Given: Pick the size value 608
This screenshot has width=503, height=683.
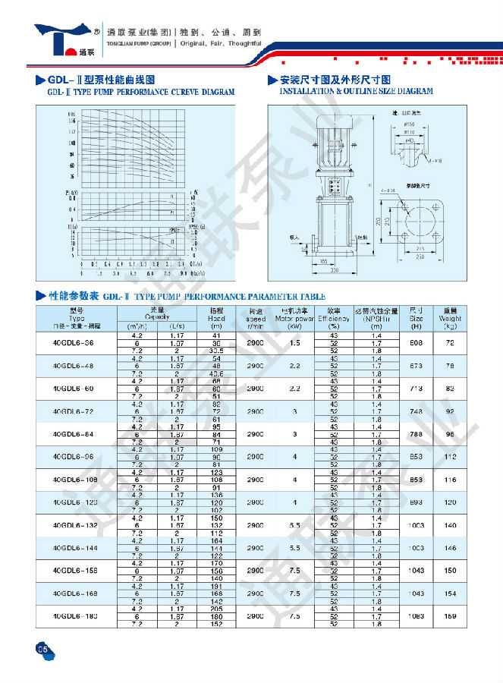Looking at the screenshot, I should [415, 343].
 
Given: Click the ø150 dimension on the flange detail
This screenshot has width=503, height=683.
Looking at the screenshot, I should [410, 123].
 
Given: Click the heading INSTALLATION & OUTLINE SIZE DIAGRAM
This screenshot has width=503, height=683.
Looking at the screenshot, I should [357, 91].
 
